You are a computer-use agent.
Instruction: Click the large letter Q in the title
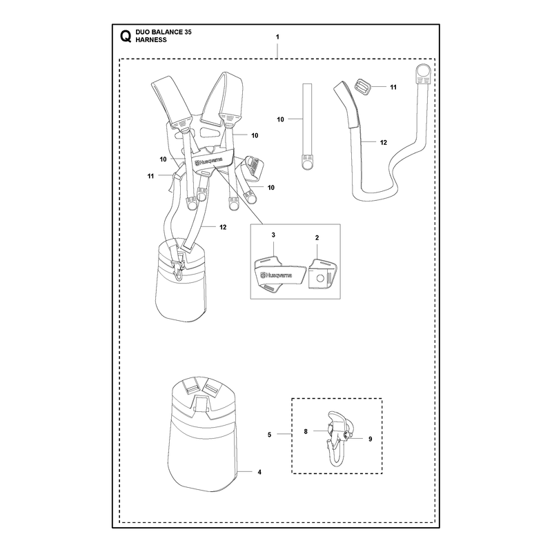coord(126,37)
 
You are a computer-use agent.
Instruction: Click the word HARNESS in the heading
coord(151,40)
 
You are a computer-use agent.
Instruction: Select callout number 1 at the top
coord(277,37)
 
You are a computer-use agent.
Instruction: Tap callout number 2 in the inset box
coord(317,238)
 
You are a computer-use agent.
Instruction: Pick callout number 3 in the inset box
coord(273,235)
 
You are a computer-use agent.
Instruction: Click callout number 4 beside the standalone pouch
coord(259,472)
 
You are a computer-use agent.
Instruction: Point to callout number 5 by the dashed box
coord(269,435)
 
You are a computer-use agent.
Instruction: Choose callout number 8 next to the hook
coord(306,431)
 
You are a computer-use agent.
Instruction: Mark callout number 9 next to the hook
coord(370,439)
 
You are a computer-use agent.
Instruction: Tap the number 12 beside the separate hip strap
coord(384,143)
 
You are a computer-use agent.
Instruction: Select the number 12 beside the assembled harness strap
coord(223,228)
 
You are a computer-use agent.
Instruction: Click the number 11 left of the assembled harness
coord(150,176)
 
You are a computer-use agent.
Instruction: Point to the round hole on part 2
coord(320,278)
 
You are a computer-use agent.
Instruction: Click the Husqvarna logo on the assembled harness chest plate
coord(208,161)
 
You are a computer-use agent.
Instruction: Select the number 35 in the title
coord(188,32)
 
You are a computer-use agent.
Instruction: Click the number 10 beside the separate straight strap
coord(280,119)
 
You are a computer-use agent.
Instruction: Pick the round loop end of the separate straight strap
coord(307,163)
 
